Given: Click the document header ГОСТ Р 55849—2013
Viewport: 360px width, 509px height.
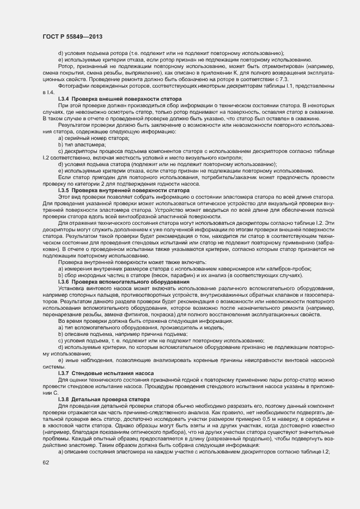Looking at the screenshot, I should pyautogui.click(x=72, y=36).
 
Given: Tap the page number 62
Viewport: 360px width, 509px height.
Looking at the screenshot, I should pyautogui.click(x=46, y=463).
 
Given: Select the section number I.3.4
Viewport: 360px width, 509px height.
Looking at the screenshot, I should pyautogui.click(x=63, y=99).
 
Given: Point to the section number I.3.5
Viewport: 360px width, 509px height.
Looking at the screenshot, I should pyautogui.click(x=63, y=191).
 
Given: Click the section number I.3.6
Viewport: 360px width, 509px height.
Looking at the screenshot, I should pyautogui.click(x=63, y=282).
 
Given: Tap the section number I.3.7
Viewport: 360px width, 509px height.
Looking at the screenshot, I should pyautogui.click(x=63, y=373).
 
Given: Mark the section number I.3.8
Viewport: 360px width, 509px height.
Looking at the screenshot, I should pyautogui.click(x=63, y=400).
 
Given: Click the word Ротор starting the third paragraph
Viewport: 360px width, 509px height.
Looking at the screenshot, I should pyautogui.click(x=65, y=66).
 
